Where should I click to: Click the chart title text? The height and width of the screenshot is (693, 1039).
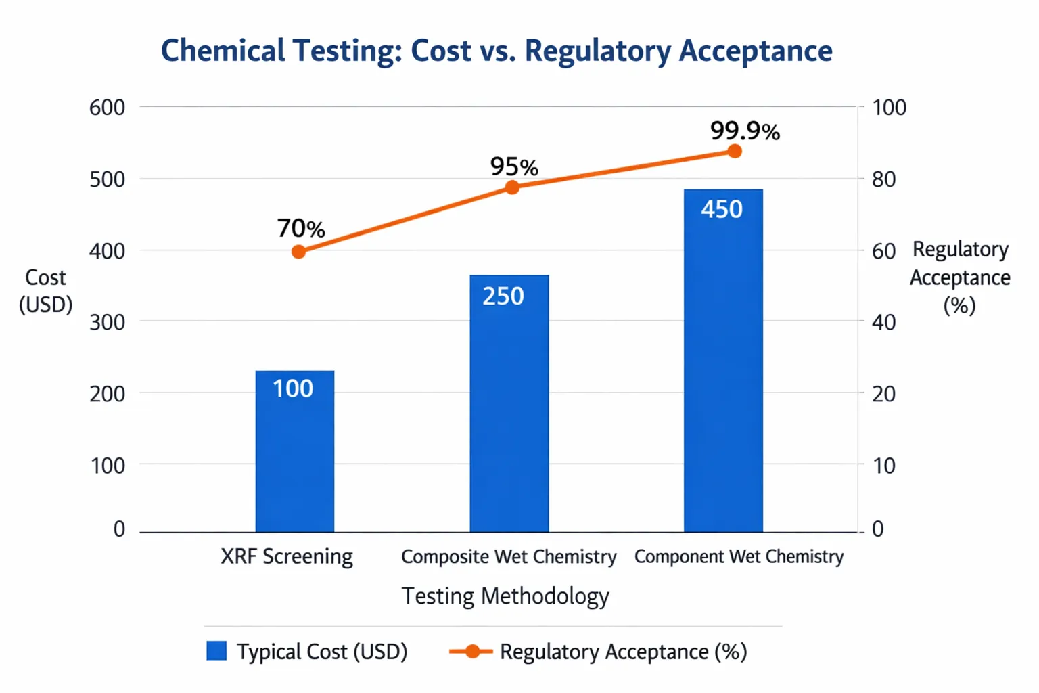pos(497,51)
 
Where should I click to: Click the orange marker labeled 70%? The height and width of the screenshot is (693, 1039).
pos(298,252)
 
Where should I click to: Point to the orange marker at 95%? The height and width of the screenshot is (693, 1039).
pos(513,187)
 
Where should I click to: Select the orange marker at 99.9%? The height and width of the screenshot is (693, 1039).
pos(735,152)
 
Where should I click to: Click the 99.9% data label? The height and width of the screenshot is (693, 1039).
pos(745,131)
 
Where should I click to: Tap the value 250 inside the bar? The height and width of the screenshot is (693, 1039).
pos(503,296)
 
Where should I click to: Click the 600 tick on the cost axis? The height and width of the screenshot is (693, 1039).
pos(107,108)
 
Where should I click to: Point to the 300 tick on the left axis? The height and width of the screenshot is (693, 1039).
pos(107,322)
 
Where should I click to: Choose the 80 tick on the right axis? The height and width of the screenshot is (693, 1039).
pos(883,179)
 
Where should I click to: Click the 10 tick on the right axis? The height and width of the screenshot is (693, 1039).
pos(883,466)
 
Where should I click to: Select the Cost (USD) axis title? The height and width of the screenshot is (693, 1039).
pos(45,291)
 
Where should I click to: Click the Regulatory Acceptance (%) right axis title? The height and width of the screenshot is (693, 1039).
pos(959,277)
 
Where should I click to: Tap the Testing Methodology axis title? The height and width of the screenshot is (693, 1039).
pos(505,596)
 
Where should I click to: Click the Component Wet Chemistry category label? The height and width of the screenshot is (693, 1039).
pos(739,557)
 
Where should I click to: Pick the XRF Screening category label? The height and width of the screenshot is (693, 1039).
pos(287,557)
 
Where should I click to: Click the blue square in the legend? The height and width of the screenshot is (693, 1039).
pos(216,651)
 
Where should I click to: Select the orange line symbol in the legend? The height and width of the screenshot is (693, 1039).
pos(471,651)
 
